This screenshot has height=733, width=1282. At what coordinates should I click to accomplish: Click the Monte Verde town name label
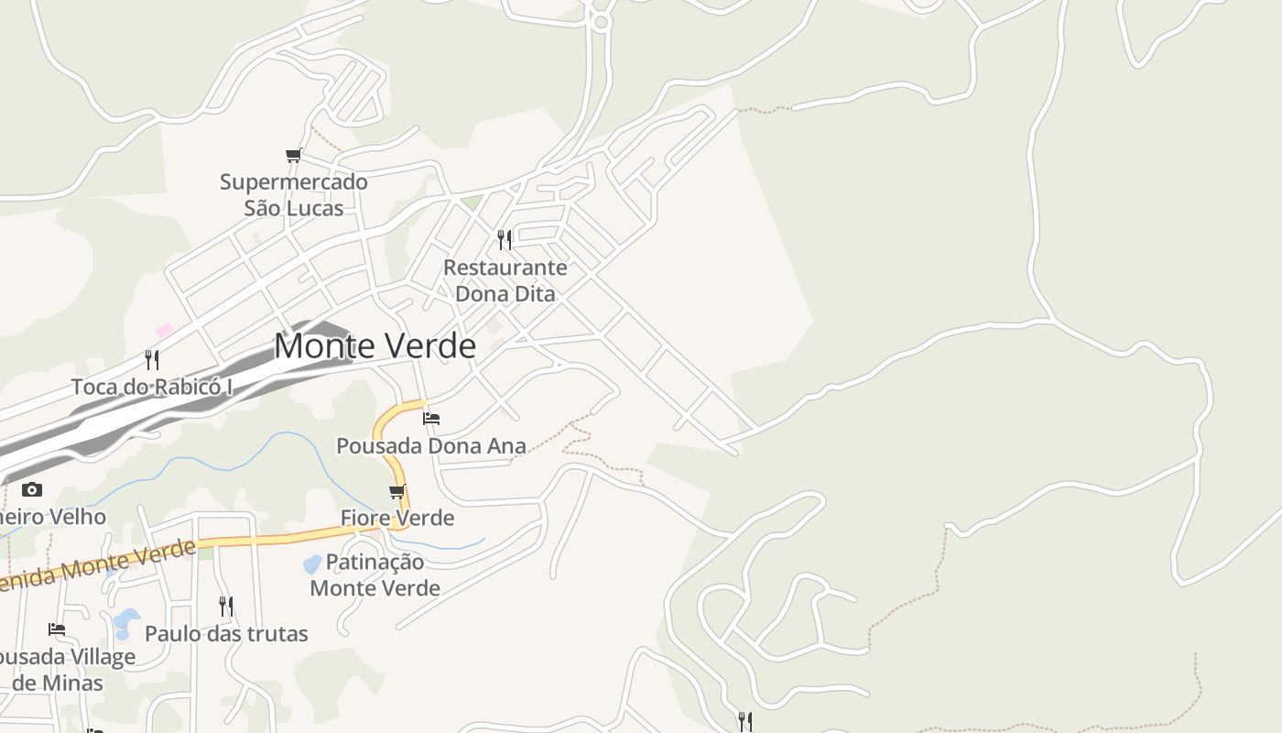[375, 346]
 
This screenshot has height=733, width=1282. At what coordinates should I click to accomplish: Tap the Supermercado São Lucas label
[294, 195]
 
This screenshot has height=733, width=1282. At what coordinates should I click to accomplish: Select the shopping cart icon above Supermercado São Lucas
[293, 156]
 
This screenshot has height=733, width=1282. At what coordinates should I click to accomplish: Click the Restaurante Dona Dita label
[505, 280]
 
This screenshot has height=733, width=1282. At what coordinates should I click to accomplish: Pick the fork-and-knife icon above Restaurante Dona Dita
[505, 240]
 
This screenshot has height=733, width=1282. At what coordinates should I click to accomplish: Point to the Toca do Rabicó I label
[152, 387]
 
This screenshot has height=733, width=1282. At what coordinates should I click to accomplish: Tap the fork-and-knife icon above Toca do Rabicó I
[152, 359]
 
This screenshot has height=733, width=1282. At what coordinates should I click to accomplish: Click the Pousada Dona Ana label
[431, 446]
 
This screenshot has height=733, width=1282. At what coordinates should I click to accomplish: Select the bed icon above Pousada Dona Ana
[431, 419]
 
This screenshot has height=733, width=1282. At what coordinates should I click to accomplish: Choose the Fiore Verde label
[397, 518]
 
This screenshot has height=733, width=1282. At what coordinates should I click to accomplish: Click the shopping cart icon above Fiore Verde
[397, 492]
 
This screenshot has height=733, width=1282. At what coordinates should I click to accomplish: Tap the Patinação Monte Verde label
[375, 574]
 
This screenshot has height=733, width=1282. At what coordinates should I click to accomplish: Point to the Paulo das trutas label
[226, 633]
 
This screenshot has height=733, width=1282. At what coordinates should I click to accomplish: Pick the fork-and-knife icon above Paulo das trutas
[226, 606]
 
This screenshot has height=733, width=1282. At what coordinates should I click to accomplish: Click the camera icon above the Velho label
[32, 489]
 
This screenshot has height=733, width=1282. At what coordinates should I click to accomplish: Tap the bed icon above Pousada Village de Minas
[57, 629]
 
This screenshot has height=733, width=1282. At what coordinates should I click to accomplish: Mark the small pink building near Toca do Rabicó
[164, 330]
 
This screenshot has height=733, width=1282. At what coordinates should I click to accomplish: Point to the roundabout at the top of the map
[601, 22]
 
